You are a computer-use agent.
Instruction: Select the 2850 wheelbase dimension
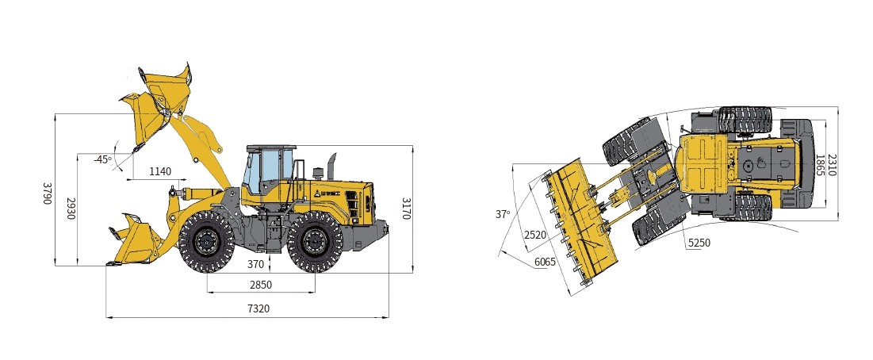pos(261,285)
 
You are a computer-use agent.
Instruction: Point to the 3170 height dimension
pos(406,208)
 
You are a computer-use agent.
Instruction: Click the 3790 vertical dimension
pos(48,193)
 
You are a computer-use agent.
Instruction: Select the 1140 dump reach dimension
pos(160,171)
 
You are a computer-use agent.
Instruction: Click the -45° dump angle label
pos(102,159)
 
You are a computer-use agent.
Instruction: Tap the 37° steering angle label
pos(503,213)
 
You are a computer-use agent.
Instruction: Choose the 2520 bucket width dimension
pos(535,235)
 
